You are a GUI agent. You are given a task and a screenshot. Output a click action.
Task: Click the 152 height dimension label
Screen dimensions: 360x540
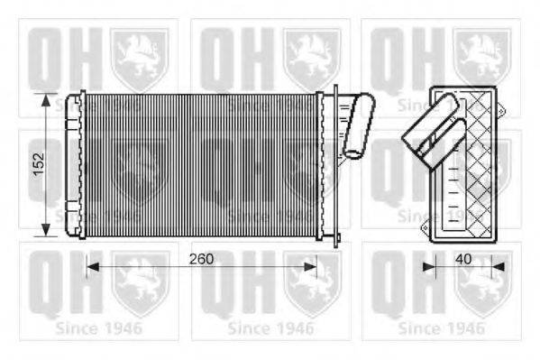37,163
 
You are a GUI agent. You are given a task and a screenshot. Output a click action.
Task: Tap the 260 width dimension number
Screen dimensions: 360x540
202,259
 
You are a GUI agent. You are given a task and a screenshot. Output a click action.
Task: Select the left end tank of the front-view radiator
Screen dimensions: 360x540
81,163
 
